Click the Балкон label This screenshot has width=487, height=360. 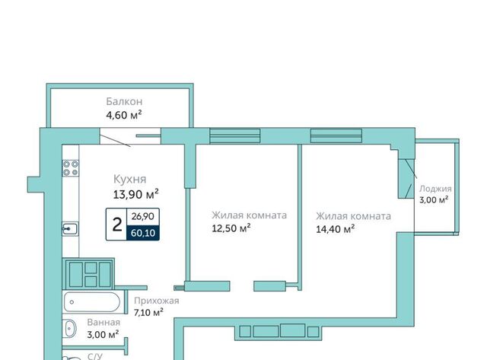coord(124,101)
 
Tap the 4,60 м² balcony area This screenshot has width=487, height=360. coord(124,115)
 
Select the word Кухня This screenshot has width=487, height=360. coord(129,179)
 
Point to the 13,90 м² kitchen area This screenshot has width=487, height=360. coord(135,194)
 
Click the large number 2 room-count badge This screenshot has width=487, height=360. coord(116,225)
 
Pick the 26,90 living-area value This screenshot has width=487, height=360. coord(142,216)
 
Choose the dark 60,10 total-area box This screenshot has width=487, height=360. coord(143,233)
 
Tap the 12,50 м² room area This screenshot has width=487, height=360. coord(231,228)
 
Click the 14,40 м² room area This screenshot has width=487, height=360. coord(336,229)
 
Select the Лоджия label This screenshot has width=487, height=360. coord(435,189)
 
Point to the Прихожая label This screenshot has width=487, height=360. coord(157,301)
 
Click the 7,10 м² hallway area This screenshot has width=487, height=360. coord(148,312)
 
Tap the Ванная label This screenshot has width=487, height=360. coord(103,323)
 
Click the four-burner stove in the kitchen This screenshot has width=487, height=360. coord(71,168)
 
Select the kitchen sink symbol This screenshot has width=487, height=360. coord(70,229)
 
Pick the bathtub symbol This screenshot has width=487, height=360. coord(92,302)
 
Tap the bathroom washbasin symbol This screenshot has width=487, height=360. coord(71,328)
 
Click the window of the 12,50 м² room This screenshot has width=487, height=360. coord(235,136)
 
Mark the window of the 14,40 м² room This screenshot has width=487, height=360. coord(336,136)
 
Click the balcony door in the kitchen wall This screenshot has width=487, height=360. coord(130,136)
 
